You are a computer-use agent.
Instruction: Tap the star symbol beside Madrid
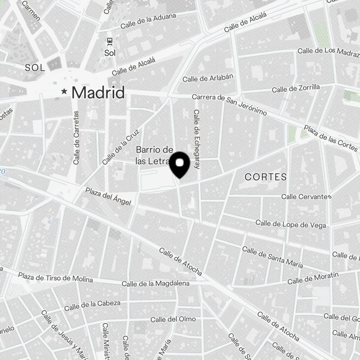[x=64, y=92]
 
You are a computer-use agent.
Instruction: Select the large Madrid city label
[x=98, y=93]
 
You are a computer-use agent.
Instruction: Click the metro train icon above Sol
[x=110, y=41]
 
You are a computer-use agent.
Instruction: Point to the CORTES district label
[x=266, y=177]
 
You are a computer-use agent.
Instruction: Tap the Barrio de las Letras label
[x=154, y=156]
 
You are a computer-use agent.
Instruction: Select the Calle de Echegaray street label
[x=197, y=139]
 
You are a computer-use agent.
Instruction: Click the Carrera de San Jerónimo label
[x=229, y=105]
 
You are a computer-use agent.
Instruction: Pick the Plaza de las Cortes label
[x=330, y=138]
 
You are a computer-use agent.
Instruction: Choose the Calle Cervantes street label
[x=306, y=197]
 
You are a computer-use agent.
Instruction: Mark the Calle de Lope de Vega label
[x=291, y=224]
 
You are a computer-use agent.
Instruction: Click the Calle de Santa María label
[x=272, y=257]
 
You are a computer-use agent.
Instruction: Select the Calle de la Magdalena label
[x=156, y=284]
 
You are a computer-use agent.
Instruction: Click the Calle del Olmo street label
[x=173, y=319]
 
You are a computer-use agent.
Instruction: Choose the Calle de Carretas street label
[x=76, y=138]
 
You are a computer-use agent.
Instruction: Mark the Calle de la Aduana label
[x=148, y=21]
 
